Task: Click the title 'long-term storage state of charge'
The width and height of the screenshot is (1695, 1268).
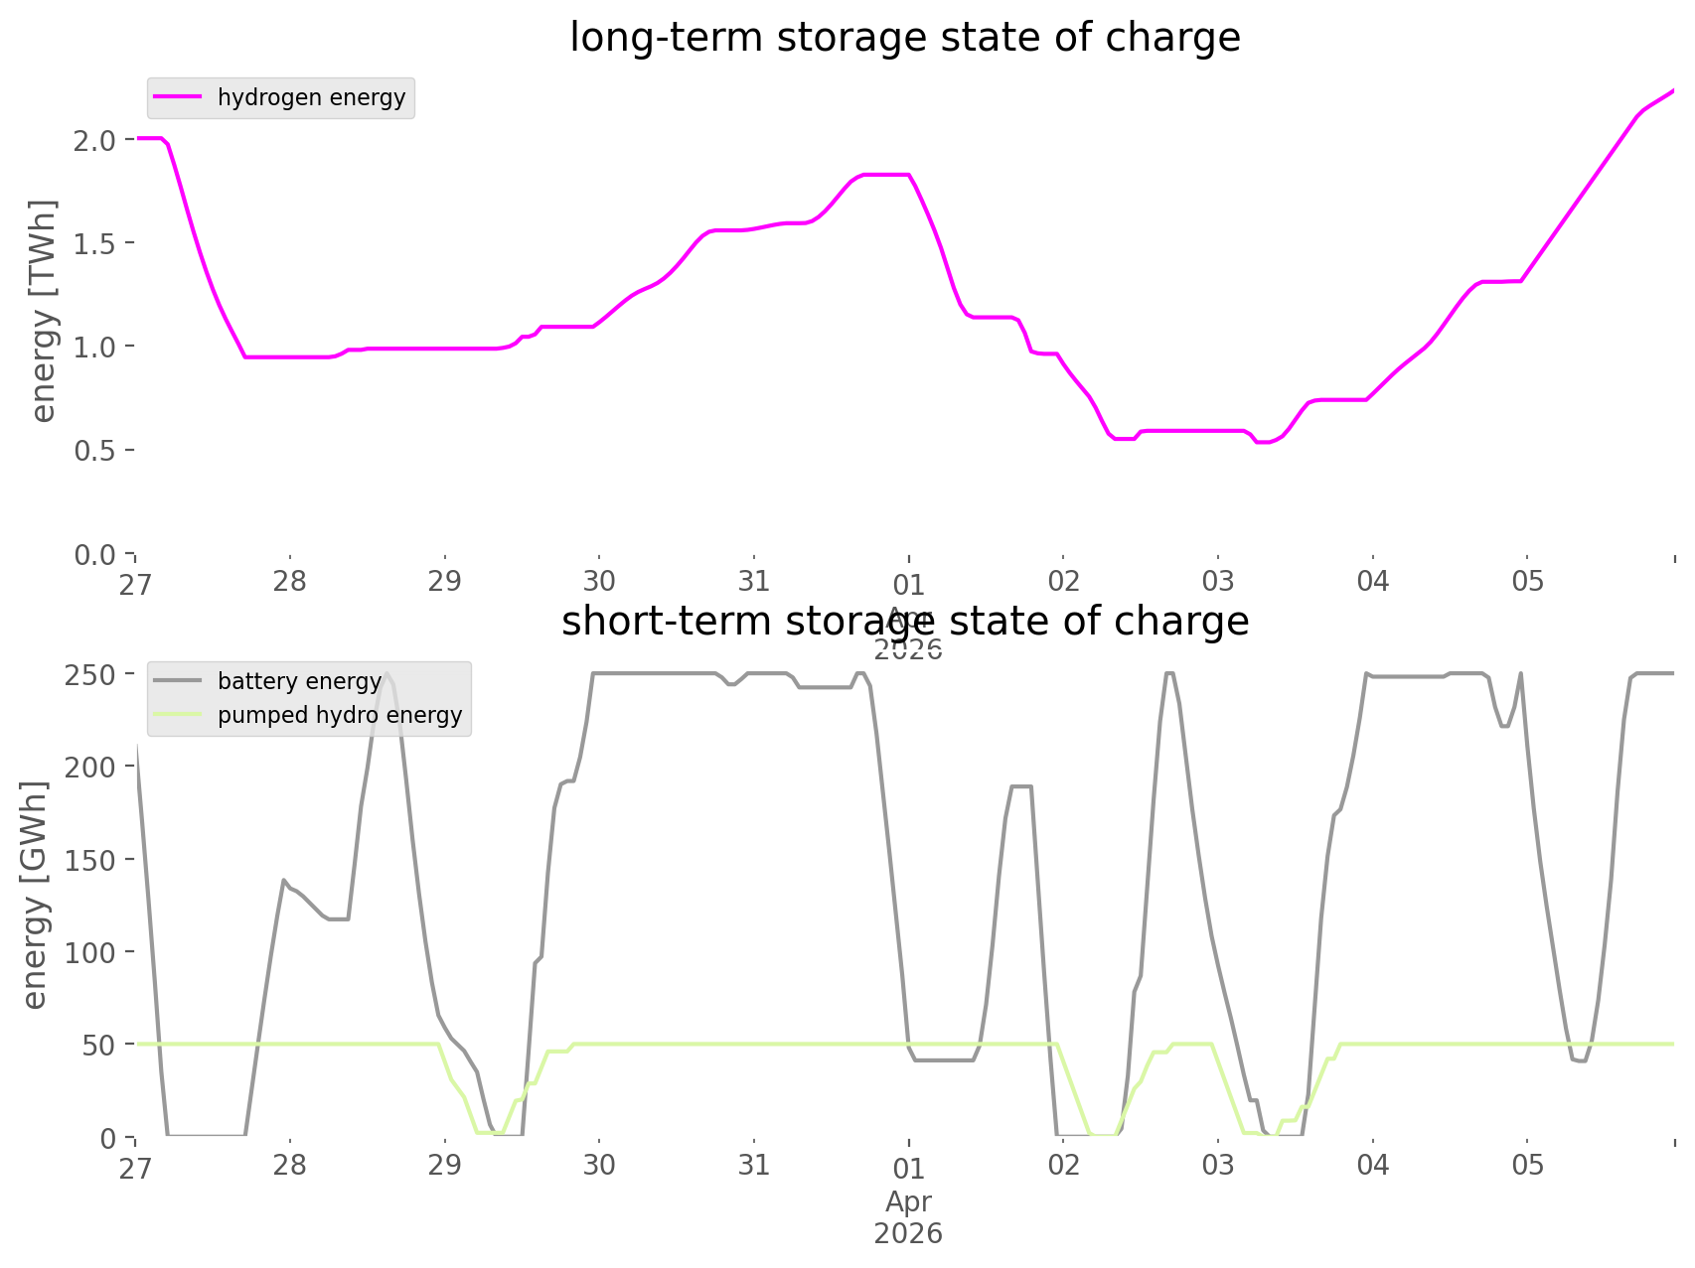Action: (904, 38)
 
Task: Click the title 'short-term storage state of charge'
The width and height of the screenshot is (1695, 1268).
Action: (904, 622)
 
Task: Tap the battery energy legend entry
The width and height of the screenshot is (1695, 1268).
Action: (299, 681)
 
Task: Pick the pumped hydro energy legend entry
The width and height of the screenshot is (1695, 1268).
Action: (339, 715)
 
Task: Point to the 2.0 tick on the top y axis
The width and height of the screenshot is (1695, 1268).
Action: (93, 140)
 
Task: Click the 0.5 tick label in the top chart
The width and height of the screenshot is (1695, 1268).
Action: (93, 451)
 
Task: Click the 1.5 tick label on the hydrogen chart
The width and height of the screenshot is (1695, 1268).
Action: (93, 243)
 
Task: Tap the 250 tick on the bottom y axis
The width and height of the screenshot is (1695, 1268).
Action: (93, 675)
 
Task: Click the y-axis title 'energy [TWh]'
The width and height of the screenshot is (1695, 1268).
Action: (44, 311)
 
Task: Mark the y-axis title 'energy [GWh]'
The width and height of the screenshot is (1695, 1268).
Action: (35, 896)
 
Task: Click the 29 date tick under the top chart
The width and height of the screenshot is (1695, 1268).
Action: (444, 581)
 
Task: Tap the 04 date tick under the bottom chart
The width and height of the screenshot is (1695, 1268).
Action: (1372, 1165)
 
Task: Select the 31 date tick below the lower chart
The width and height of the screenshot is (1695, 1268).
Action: (754, 1165)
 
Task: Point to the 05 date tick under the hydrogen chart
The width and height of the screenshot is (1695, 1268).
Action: (1527, 581)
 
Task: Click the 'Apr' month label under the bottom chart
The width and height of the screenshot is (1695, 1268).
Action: (908, 1201)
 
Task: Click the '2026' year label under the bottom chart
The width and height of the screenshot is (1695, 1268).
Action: (908, 1234)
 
